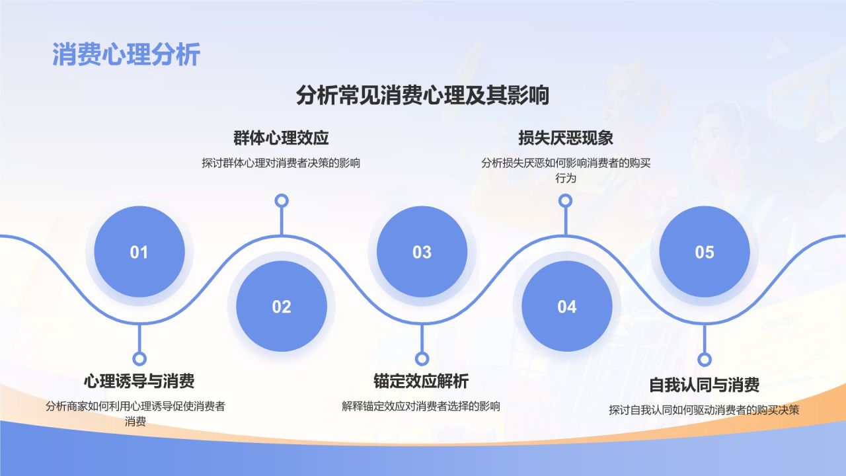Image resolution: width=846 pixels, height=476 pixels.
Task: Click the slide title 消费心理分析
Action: (x=126, y=55)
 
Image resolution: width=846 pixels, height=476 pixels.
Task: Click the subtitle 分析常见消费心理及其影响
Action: (x=422, y=95)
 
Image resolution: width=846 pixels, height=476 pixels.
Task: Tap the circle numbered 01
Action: (x=139, y=252)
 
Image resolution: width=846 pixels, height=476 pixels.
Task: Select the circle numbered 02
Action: (x=282, y=306)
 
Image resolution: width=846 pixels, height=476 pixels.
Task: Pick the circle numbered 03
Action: (x=422, y=252)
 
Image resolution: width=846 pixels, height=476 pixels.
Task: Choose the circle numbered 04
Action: (x=567, y=306)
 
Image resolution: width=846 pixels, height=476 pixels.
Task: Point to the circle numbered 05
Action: (x=705, y=252)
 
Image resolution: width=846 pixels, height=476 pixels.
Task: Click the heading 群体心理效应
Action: (x=281, y=138)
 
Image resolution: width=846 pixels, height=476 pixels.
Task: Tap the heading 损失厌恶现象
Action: (x=565, y=138)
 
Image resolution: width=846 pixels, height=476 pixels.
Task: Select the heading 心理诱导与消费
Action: (x=139, y=381)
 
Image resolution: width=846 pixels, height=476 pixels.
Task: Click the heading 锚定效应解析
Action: (x=421, y=381)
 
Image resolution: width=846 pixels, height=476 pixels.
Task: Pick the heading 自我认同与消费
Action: (x=704, y=385)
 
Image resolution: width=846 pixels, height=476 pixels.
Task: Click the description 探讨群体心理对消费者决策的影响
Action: (x=281, y=163)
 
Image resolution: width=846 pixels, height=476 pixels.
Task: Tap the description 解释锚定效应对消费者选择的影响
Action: (x=421, y=407)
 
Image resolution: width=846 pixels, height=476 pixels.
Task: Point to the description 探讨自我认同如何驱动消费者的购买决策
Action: (x=704, y=411)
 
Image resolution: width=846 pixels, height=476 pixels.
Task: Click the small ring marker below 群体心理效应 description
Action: (x=282, y=200)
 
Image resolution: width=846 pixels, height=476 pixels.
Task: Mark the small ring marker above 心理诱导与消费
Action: (x=139, y=358)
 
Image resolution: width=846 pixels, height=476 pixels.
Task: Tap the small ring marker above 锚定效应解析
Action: (x=422, y=358)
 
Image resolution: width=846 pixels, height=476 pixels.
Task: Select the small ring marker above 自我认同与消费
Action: (x=705, y=359)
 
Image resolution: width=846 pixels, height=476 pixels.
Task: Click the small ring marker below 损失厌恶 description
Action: (x=565, y=200)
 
